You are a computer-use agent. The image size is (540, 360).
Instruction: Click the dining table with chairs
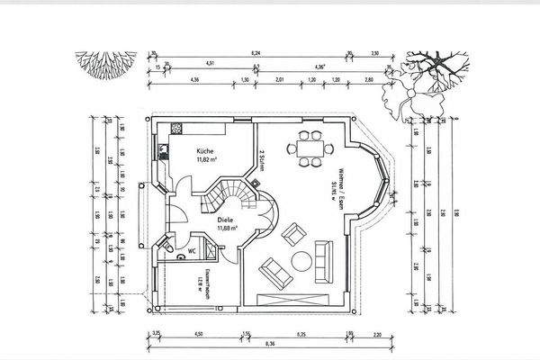[313, 149]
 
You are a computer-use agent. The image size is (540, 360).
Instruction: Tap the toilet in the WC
[180, 255]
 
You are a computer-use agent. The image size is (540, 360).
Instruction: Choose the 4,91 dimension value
[211, 63]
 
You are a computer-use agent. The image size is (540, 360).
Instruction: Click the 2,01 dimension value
[279, 80]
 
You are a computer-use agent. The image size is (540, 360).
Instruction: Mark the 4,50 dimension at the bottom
[198, 333]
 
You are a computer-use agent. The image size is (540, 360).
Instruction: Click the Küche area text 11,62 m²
[209, 160]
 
